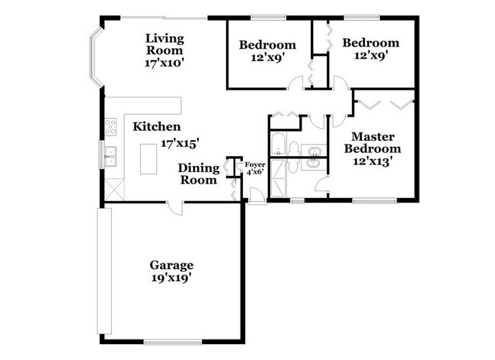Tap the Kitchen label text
point(156,126)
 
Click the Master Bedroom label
point(371,143)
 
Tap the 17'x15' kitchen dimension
point(180,142)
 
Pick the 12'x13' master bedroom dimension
point(371,163)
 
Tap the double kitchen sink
point(111,157)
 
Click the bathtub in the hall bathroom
point(279,145)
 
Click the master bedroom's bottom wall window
point(373,201)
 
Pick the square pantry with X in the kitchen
point(114,186)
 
